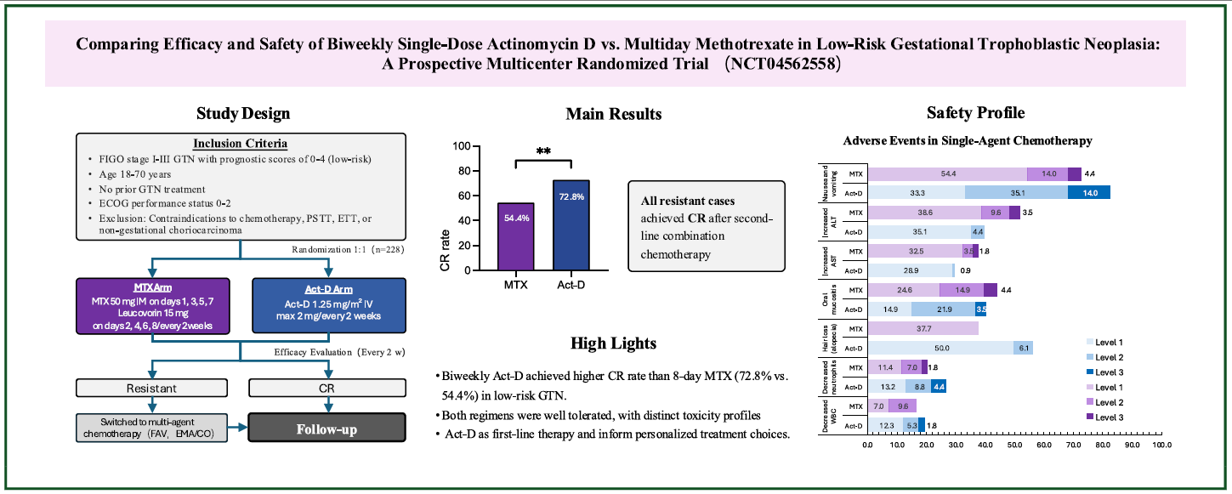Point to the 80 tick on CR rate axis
click(463, 171)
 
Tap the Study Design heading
click(242, 113)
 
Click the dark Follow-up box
click(327, 429)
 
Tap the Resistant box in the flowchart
click(154, 388)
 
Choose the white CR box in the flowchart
click(327, 388)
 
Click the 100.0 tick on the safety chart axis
click(1160, 445)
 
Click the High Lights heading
click(614, 343)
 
